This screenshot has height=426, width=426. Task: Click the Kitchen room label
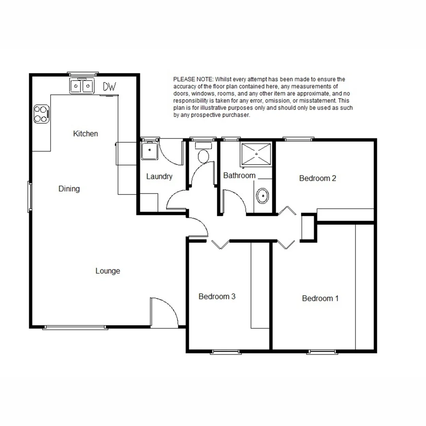click(85, 134)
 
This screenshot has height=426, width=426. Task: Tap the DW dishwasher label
click(109, 86)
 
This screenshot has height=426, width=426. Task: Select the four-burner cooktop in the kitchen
click(41, 114)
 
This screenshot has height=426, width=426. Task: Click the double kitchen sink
click(82, 86)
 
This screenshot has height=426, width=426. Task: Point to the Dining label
click(69, 189)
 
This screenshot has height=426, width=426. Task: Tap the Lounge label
click(108, 271)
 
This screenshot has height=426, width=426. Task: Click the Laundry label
click(159, 176)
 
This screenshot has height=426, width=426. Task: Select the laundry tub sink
click(149, 151)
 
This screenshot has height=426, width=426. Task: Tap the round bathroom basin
click(263, 195)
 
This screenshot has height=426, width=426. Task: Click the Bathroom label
click(239, 176)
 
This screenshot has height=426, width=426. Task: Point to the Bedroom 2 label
click(318, 178)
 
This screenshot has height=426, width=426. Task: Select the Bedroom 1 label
click(320, 298)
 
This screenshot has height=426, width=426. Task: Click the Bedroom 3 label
click(217, 296)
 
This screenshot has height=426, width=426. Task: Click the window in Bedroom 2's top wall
click(299, 139)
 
